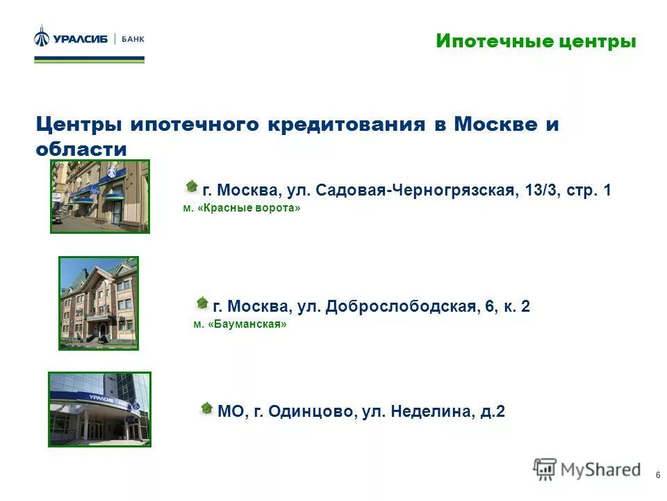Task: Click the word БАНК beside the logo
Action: (133, 39)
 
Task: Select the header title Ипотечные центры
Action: (536, 42)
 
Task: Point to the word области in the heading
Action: (81, 149)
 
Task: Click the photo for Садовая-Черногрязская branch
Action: (100, 196)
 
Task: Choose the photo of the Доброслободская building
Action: (99, 303)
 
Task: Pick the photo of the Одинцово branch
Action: (99, 409)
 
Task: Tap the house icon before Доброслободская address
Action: (201, 303)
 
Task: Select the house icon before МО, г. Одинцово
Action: (206, 408)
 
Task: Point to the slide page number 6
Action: (657, 475)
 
